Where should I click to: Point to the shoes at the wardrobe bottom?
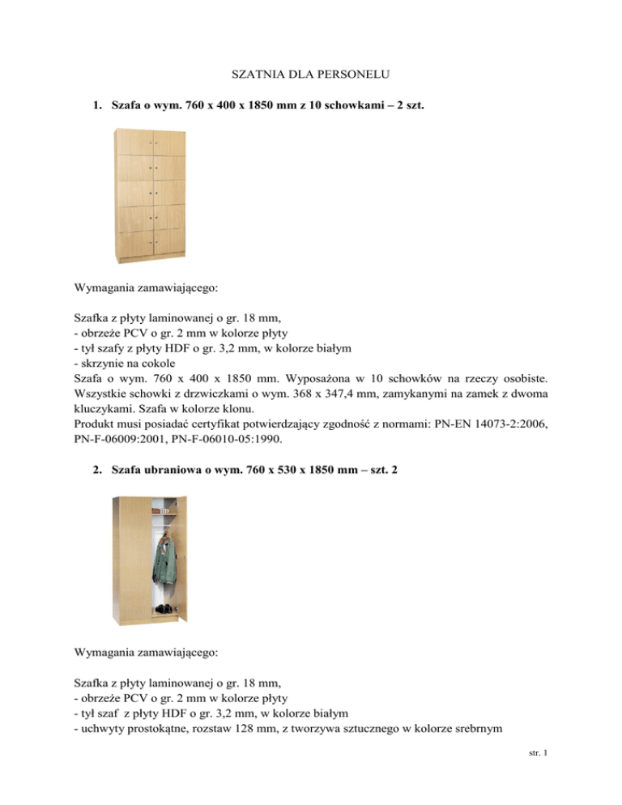coord(164,608)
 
